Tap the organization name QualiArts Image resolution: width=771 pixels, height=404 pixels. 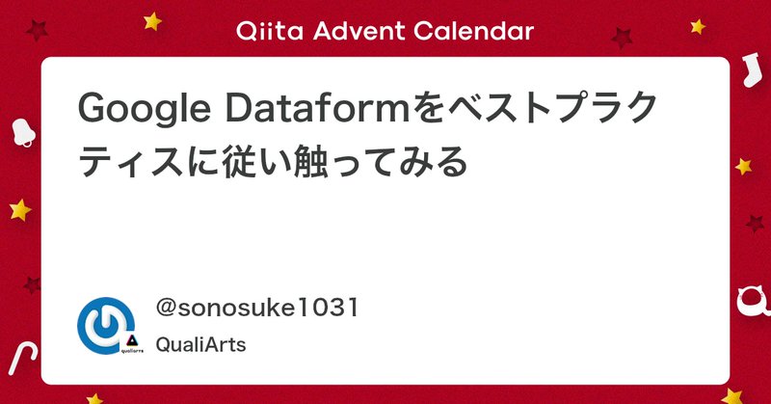200,345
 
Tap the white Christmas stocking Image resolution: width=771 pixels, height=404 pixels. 752,72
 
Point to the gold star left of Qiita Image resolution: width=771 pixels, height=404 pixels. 151,18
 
